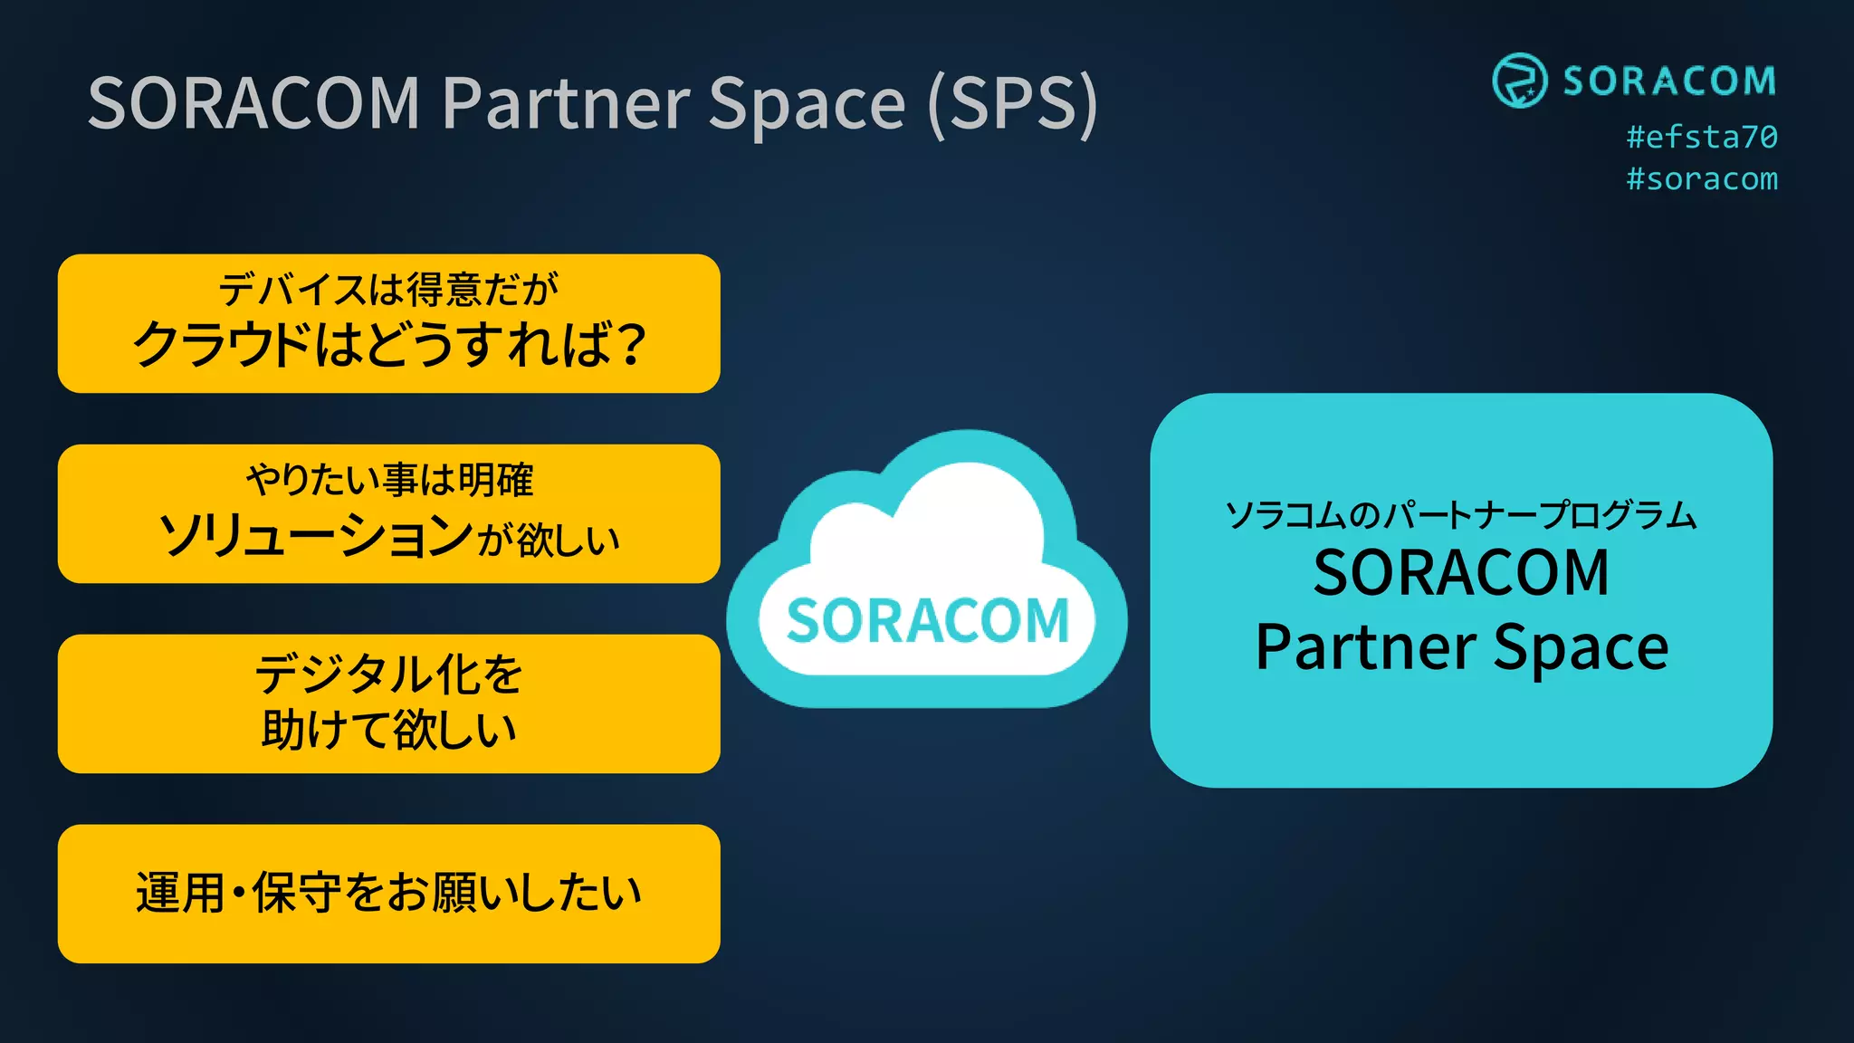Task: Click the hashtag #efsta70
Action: point(1701,138)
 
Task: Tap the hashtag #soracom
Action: point(1701,179)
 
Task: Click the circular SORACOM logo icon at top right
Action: point(1519,81)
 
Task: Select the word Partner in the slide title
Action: point(567,103)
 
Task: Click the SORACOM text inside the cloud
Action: point(927,621)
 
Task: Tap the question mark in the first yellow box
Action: point(626,345)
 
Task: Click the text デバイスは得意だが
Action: point(388,290)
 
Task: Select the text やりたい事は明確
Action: point(389,480)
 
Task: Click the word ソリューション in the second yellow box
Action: point(315,536)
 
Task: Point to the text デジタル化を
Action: point(388,674)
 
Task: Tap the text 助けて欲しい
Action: point(388,730)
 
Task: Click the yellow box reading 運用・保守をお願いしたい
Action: point(388,893)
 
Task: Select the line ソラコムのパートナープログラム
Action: point(1460,514)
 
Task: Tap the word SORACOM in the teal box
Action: point(1460,573)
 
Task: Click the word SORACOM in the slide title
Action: point(254,103)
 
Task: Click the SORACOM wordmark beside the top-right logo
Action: point(1668,81)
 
